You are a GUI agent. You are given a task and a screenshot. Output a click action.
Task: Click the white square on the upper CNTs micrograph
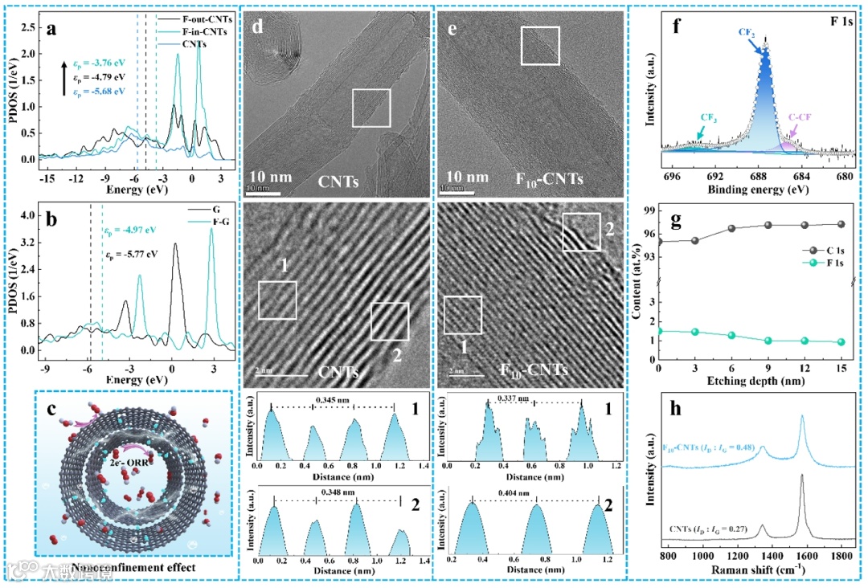(371, 108)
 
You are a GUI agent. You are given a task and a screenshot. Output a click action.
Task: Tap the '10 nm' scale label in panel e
(466, 177)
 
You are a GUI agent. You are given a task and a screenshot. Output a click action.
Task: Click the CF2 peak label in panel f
(746, 31)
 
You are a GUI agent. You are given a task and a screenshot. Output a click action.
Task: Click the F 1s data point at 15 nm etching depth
(841, 342)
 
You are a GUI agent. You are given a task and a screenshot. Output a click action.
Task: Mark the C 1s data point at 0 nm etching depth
(659, 241)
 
